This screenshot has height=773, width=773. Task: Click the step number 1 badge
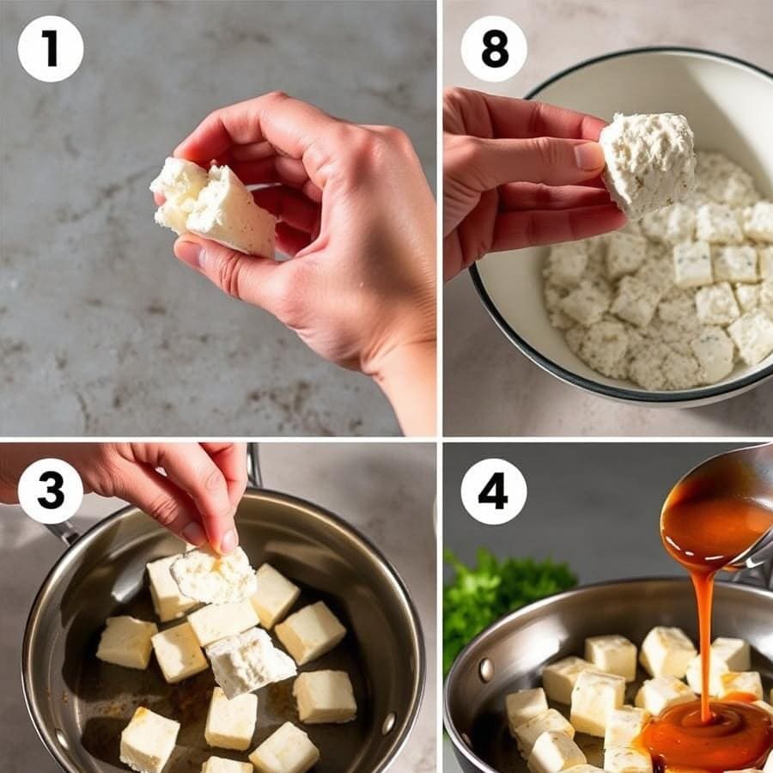[x=51, y=49]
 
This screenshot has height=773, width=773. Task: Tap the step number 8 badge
[x=494, y=49]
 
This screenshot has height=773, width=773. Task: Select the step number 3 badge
[x=51, y=491]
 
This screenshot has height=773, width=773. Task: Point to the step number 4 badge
[x=494, y=491]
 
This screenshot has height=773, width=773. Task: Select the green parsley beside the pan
[x=498, y=593]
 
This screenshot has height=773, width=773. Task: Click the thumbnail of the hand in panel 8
[x=589, y=155]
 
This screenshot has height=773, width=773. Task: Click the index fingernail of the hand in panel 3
[x=228, y=541]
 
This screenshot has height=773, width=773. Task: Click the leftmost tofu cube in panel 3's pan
[x=126, y=642]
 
